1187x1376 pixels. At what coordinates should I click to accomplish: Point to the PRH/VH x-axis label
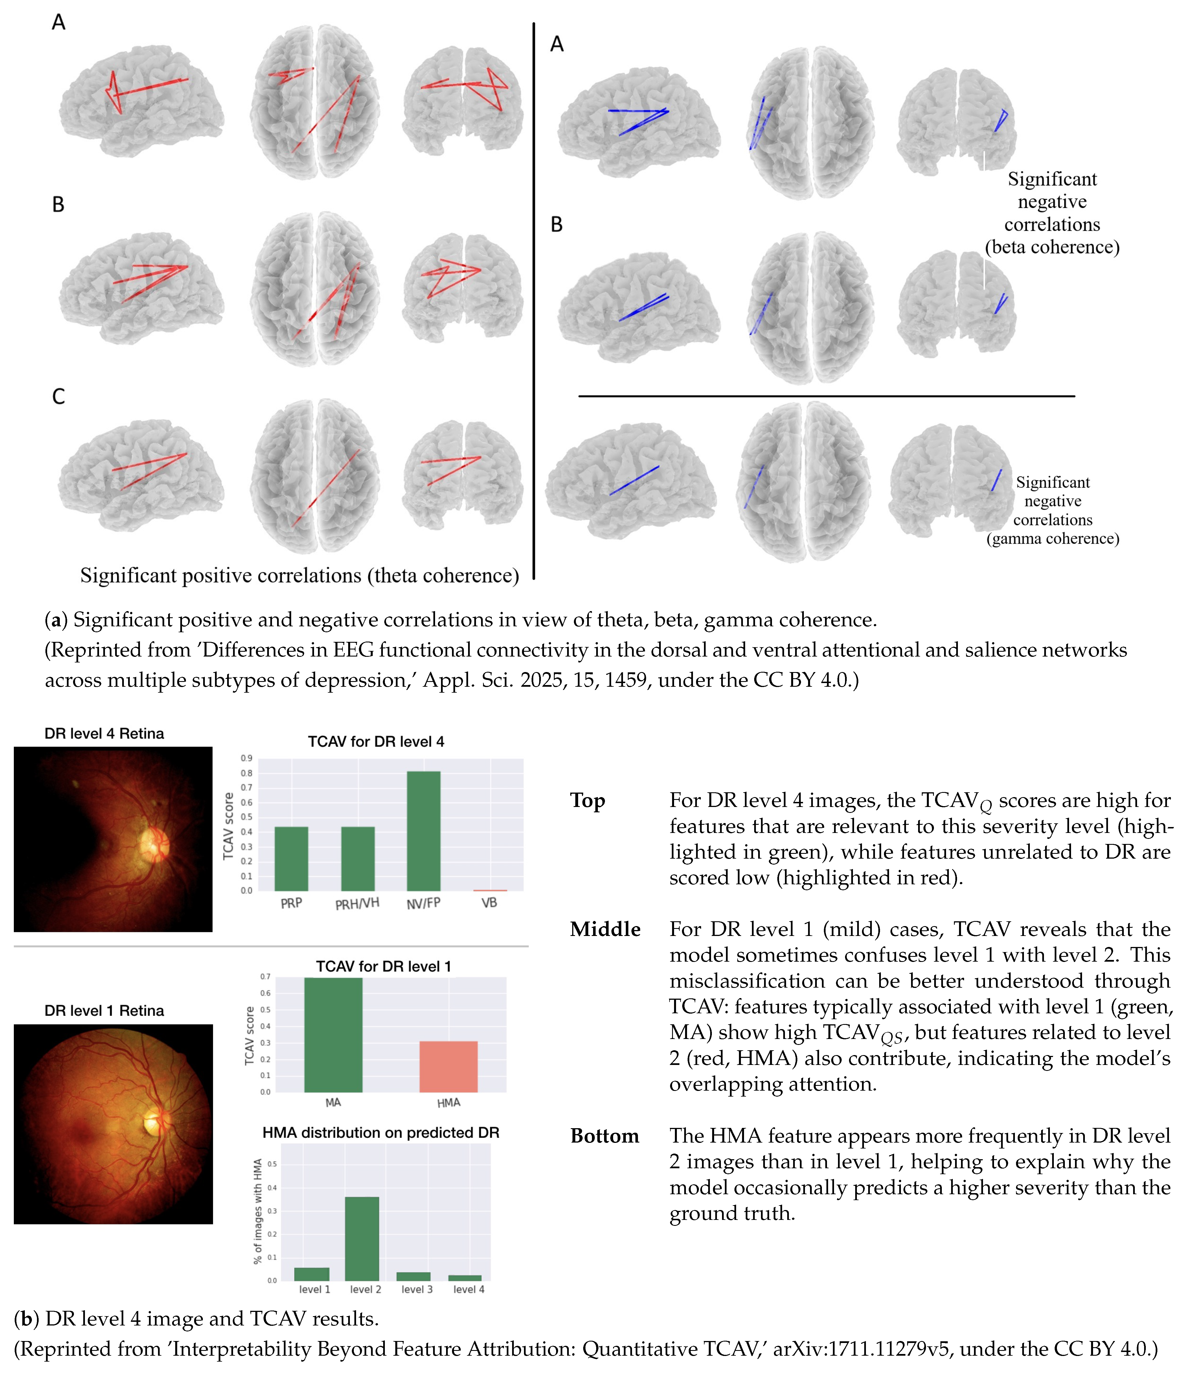click(357, 904)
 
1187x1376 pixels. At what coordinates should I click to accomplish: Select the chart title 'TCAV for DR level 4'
click(376, 742)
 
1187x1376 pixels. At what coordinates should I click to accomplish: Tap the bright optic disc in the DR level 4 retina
click(154, 845)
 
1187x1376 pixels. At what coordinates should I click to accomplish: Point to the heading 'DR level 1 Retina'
click(104, 1011)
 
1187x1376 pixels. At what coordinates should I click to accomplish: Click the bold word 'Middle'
click(605, 929)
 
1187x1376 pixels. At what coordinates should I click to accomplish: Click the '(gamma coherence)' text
click(1052, 539)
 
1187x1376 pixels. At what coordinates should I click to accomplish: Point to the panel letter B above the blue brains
click(556, 224)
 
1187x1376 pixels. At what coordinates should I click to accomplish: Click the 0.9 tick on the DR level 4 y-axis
click(246, 758)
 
